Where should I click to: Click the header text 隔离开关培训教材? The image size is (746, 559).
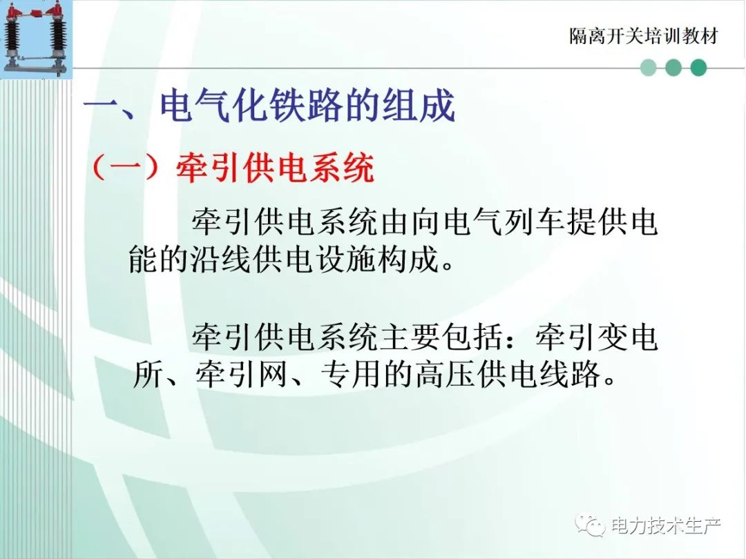[643, 37]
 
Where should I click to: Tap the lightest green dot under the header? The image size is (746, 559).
[649, 68]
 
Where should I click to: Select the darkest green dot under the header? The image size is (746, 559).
[698, 68]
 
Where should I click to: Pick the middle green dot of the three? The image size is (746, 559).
[673, 68]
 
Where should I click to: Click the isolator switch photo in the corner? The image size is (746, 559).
[36, 39]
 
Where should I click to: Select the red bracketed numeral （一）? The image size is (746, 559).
[124, 168]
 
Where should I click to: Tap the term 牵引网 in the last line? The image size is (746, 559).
[241, 375]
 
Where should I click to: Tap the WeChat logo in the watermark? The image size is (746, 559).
[591, 524]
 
